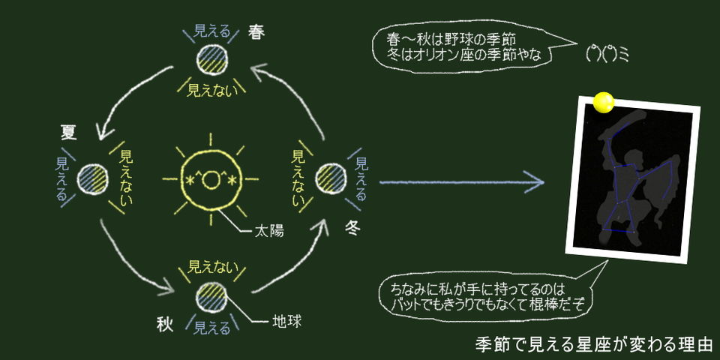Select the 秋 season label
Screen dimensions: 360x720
tap(165, 324)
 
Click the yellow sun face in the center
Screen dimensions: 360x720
tap(211, 179)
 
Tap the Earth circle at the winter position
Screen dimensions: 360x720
tap(330, 179)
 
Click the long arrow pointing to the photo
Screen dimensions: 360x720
tap(461, 181)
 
